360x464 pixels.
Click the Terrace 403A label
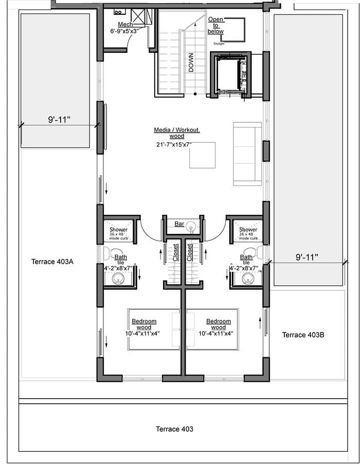click(x=52, y=262)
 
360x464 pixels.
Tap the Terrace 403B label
click(x=303, y=335)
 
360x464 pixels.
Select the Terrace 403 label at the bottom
click(x=174, y=429)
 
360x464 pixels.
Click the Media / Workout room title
click(x=177, y=130)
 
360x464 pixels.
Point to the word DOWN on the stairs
click(x=191, y=63)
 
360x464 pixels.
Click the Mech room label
click(x=125, y=24)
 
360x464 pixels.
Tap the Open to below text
click(x=215, y=26)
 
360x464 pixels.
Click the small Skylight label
click(x=219, y=44)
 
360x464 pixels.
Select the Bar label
click(x=179, y=224)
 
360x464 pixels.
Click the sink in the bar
click(x=191, y=228)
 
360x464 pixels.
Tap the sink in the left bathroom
click(x=118, y=279)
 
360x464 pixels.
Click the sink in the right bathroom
click(x=248, y=279)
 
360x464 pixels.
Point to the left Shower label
click(x=118, y=229)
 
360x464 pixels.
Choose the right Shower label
click(x=248, y=229)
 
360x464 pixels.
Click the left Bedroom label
click(x=144, y=321)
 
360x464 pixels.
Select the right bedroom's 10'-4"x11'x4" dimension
click(x=216, y=333)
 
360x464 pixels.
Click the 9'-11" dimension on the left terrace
click(x=60, y=120)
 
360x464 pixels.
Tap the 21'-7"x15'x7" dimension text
click(x=174, y=145)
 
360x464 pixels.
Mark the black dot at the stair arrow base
click(x=195, y=94)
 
